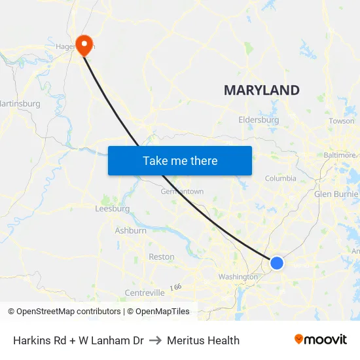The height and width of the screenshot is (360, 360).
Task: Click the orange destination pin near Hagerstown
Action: point(84,44)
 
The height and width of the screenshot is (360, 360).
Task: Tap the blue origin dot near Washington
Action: point(277,262)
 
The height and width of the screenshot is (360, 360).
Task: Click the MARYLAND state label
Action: point(262,90)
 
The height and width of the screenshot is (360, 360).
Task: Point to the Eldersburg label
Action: point(259,120)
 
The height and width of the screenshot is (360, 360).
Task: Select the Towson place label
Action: point(341,121)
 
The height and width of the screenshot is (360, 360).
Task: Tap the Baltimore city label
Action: point(340,155)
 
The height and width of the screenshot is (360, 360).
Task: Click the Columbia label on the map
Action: point(280,178)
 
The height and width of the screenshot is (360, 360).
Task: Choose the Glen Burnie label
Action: point(336,194)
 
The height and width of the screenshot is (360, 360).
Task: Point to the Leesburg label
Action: point(113,209)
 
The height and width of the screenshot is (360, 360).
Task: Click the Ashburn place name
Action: point(130,230)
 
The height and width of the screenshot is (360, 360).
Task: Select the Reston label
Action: point(161,257)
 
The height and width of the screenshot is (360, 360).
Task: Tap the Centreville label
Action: point(144,293)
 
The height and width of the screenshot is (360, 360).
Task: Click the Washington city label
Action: point(238,277)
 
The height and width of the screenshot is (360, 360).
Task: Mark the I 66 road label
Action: point(175,287)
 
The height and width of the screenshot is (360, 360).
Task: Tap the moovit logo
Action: point(321,340)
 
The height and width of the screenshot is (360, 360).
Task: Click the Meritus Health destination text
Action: point(203,340)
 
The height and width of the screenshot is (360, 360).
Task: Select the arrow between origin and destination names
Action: point(155,340)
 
